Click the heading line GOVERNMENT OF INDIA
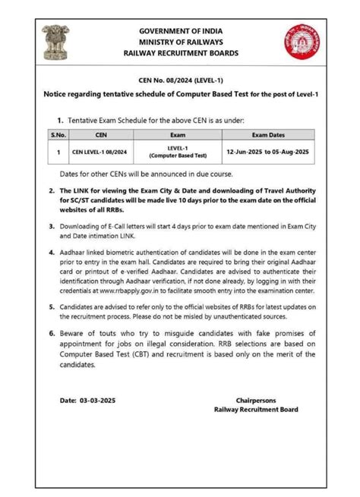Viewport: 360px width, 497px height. (181, 30)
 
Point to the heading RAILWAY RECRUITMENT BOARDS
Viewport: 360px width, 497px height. (181, 53)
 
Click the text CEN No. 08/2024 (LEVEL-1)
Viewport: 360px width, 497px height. (180, 81)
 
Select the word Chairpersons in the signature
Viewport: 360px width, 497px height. (257, 399)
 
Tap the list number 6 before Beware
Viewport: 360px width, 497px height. (52, 335)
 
